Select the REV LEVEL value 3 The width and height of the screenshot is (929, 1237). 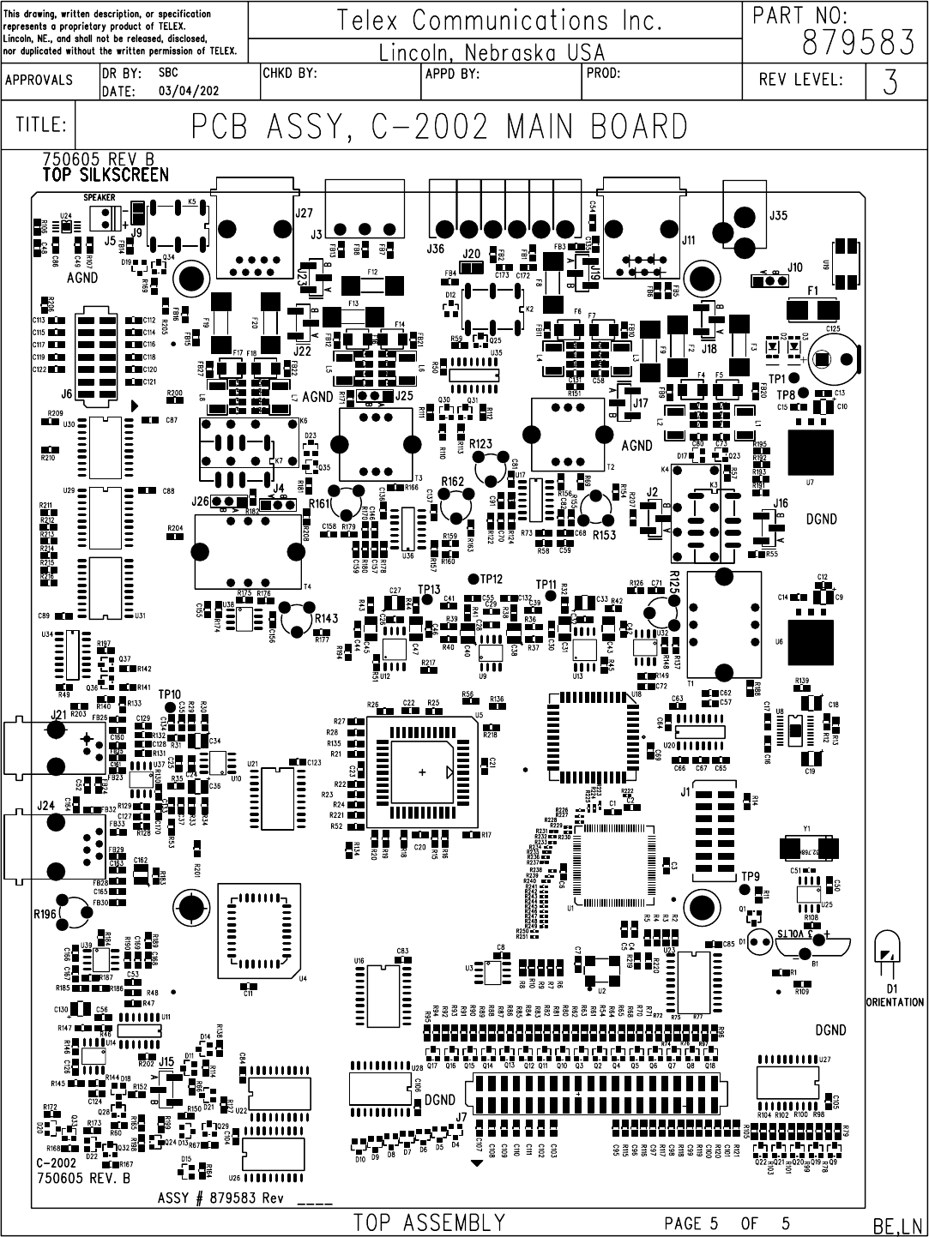890,82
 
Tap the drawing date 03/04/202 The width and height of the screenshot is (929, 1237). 189,91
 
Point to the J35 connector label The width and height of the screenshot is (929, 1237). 777,215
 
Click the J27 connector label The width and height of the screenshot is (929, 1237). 304,213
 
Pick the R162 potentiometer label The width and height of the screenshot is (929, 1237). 452,482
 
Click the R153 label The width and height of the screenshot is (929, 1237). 604,535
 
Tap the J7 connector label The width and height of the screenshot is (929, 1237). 461,1117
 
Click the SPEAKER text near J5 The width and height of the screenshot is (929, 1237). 100,197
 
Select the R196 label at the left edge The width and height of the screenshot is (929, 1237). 45,915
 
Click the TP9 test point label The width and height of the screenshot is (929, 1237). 750,876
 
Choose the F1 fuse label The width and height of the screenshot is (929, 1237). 811,291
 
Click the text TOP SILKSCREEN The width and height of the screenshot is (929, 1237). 106,175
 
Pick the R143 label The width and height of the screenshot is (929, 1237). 327,617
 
